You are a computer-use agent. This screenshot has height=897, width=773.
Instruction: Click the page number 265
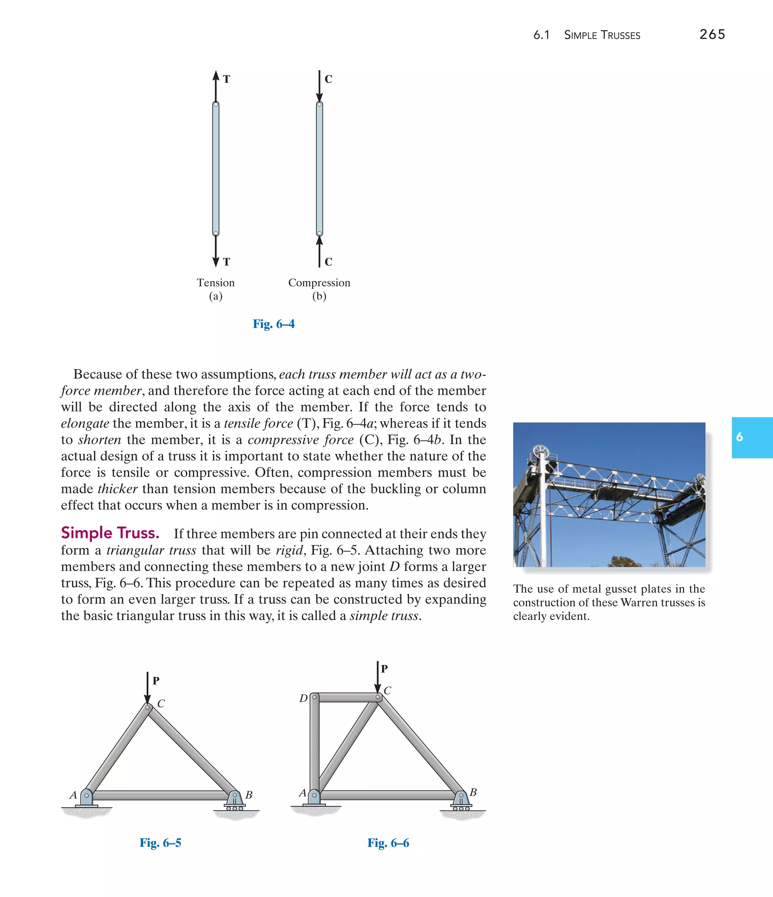pyautogui.click(x=712, y=34)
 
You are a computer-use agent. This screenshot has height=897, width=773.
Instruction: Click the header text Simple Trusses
pyautogui.click(x=602, y=35)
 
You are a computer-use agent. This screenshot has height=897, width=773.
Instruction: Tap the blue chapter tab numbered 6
pyautogui.click(x=751, y=437)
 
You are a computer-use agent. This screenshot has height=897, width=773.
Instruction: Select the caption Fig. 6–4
pyautogui.click(x=273, y=324)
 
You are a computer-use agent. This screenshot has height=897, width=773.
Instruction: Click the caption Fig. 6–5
pyautogui.click(x=160, y=842)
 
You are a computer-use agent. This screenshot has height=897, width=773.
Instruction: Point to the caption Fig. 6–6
pyautogui.click(x=388, y=842)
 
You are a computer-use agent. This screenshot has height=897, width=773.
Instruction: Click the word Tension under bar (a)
pyautogui.click(x=215, y=283)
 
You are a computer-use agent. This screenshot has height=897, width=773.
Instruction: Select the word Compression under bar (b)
pyautogui.click(x=319, y=283)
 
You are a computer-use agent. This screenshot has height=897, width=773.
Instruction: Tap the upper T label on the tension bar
pyautogui.click(x=226, y=79)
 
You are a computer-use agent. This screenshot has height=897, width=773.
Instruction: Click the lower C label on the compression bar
pyautogui.click(x=328, y=262)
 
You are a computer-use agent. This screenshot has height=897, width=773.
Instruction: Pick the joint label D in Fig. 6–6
pyautogui.click(x=303, y=698)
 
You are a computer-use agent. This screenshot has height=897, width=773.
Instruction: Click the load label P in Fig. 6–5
pyautogui.click(x=156, y=680)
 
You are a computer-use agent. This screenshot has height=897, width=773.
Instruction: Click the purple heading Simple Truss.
pyautogui.click(x=110, y=533)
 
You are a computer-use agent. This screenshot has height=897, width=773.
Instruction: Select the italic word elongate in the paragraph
pyautogui.click(x=85, y=423)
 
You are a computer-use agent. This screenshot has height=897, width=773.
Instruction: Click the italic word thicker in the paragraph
pyautogui.click(x=117, y=489)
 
